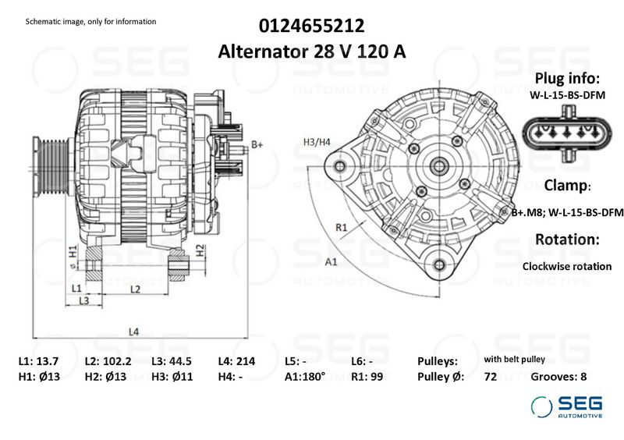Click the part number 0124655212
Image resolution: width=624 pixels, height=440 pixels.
coord(313,25)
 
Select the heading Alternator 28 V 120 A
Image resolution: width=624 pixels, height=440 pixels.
coord(313,51)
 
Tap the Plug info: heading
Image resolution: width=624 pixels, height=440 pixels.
coord(566,79)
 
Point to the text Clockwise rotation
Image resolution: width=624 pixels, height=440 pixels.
coord(566,266)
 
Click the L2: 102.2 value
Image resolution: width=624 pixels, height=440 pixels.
coord(107,361)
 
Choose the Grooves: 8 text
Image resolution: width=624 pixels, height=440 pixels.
coord(558,377)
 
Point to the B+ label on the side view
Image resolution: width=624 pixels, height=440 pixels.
coord(257,145)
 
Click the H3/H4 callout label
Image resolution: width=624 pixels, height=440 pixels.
coord(317,142)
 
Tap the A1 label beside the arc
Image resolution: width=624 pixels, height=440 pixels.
coord(331,261)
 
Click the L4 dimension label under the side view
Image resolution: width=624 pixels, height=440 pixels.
coord(133,332)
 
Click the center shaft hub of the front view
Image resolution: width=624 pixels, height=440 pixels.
coord(438,166)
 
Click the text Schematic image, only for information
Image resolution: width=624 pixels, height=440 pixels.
coord(90,21)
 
